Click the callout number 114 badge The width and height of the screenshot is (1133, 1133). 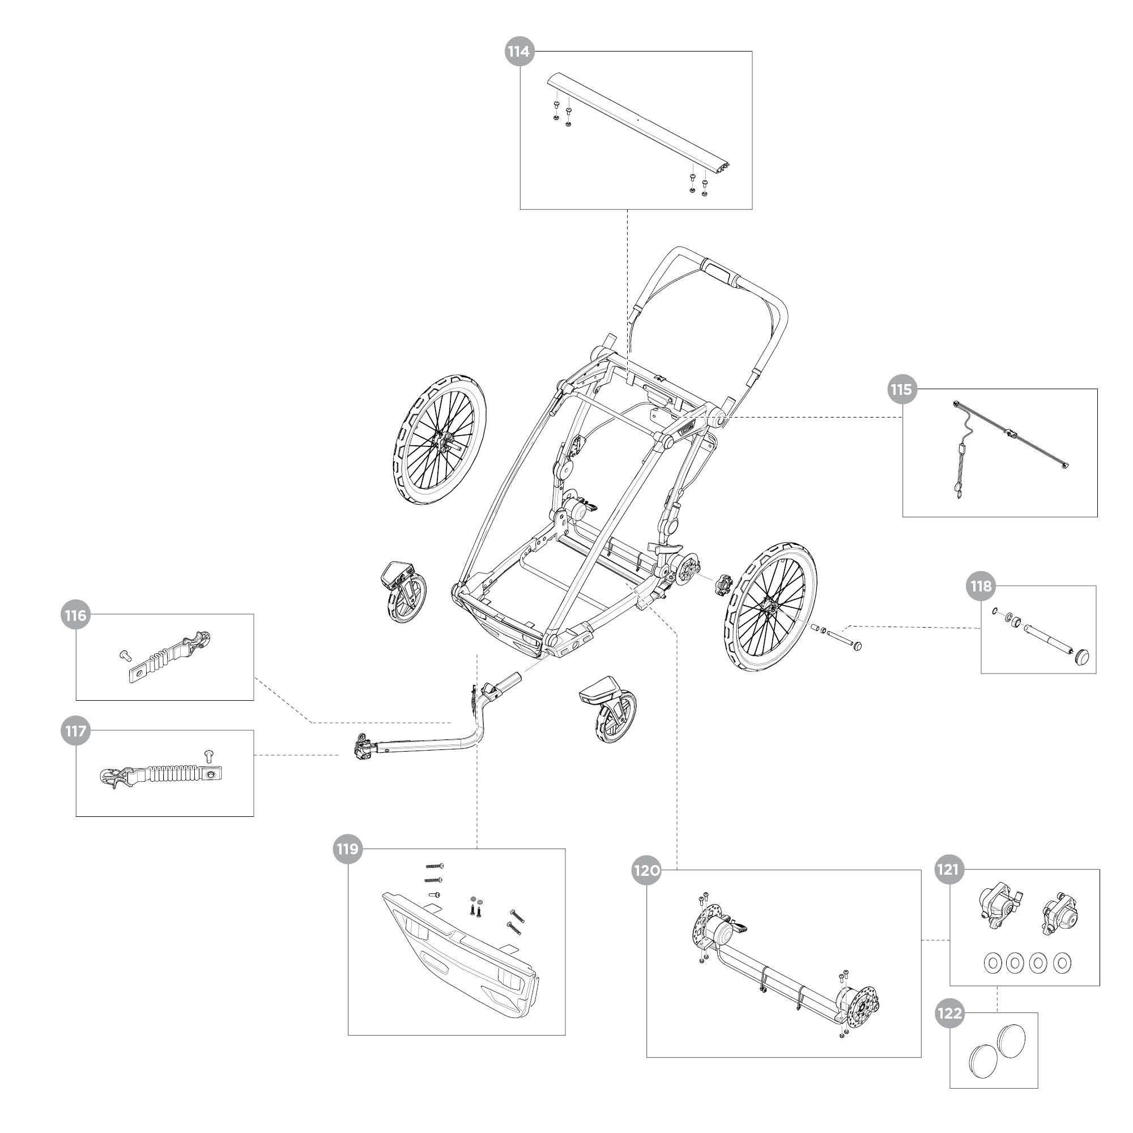click(519, 52)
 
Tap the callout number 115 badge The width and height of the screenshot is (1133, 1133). click(902, 389)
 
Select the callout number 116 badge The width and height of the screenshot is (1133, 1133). click(76, 615)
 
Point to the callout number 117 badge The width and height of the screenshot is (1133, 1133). click(76, 731)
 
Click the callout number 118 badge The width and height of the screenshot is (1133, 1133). click(981, 586)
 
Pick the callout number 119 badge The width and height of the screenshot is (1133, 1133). click(348, 849)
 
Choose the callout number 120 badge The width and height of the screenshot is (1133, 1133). click(646, 870)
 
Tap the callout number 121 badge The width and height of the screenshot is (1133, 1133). click(949, 870)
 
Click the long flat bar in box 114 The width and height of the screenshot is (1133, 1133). click(639, 126)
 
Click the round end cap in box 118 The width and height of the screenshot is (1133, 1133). click(1082, 656)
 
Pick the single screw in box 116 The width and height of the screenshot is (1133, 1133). click(123, 654)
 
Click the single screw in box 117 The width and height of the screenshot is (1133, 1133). click(207, 752)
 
